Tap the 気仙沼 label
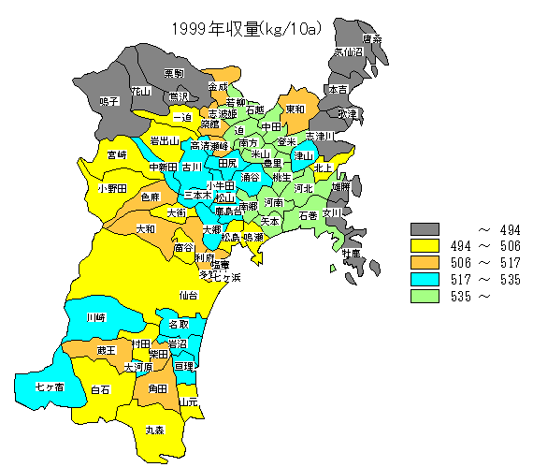point(348,52)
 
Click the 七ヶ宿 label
point(49,386)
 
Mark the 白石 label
point(100,389)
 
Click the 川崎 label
point(95,318)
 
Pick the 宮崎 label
point(117,154)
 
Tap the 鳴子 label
point(108,100)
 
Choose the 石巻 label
point(308,215)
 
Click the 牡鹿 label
point(351,254)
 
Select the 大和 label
point(145,228)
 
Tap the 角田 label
point(158,388)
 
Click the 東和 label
point(295,109)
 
